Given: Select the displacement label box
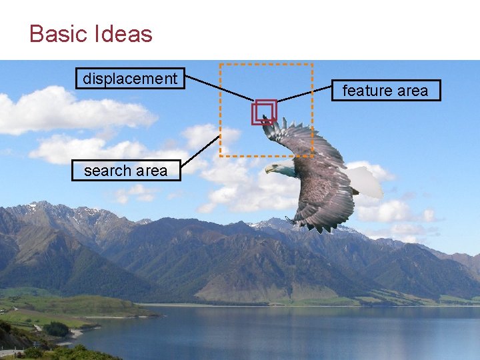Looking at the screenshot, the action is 130,79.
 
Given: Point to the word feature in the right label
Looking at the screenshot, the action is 364,90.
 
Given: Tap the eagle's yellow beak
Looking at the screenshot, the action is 269,169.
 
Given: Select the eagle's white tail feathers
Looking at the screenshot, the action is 366,181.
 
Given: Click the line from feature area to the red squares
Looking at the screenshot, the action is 303,94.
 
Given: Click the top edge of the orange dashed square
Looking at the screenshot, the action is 267,65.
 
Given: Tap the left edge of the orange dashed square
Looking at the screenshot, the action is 221,110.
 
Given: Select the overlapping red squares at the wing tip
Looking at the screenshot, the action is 264,112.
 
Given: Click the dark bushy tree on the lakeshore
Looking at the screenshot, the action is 57,329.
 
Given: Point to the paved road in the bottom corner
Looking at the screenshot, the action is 9,351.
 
